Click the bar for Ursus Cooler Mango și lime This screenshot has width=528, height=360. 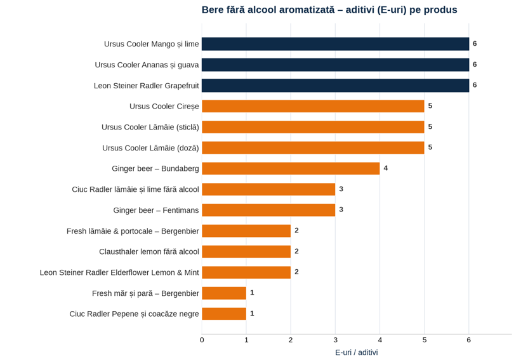coord(335,44)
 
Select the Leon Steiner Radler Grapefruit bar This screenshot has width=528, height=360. coord(335,86)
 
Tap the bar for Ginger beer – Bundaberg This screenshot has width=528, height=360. coord(291,168)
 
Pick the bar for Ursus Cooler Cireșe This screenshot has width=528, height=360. coord(313,106)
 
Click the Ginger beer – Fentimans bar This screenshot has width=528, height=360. coord(268,210)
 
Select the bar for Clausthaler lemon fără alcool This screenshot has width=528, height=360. coord(246,251)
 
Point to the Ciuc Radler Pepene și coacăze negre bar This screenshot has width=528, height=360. coord(224,314)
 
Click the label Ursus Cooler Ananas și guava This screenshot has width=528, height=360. coord(147,65)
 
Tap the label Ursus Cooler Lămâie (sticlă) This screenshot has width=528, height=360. coord(150,127)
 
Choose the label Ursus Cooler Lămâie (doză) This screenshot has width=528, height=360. coord(150,148)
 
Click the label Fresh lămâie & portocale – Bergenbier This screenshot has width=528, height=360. coord(133,231)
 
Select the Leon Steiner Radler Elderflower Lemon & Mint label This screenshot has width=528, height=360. coord(119,272)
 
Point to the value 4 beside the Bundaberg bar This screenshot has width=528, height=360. coord(386,168)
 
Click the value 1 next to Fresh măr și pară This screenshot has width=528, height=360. coord(252,293)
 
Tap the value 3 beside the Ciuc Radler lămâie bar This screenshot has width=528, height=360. coord(341,189)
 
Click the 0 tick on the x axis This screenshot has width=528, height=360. coord(202,340)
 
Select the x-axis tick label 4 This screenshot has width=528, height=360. coord(380,340)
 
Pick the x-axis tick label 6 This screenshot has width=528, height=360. coord(469,340)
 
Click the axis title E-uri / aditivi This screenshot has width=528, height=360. coord(356,352)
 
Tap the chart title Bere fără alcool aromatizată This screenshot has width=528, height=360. coord(268,10)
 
